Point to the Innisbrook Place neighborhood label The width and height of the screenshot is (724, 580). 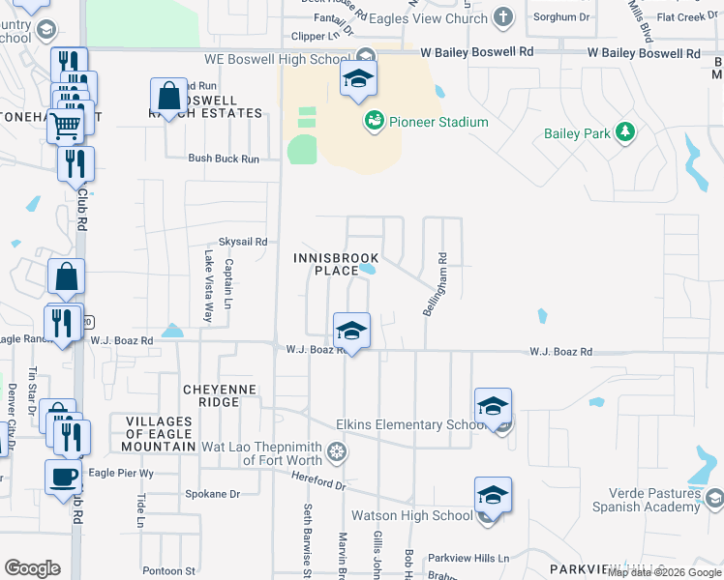337,264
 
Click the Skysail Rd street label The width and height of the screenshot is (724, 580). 242,242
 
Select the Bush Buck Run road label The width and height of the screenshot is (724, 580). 224,159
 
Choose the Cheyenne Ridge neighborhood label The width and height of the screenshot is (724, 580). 220,395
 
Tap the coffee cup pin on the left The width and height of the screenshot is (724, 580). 63,477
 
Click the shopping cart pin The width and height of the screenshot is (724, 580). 66,124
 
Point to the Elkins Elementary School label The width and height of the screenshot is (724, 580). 409,425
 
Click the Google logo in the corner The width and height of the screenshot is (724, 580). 33,568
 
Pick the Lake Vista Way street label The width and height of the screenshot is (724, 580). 208,286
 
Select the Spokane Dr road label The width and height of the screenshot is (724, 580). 212,494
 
